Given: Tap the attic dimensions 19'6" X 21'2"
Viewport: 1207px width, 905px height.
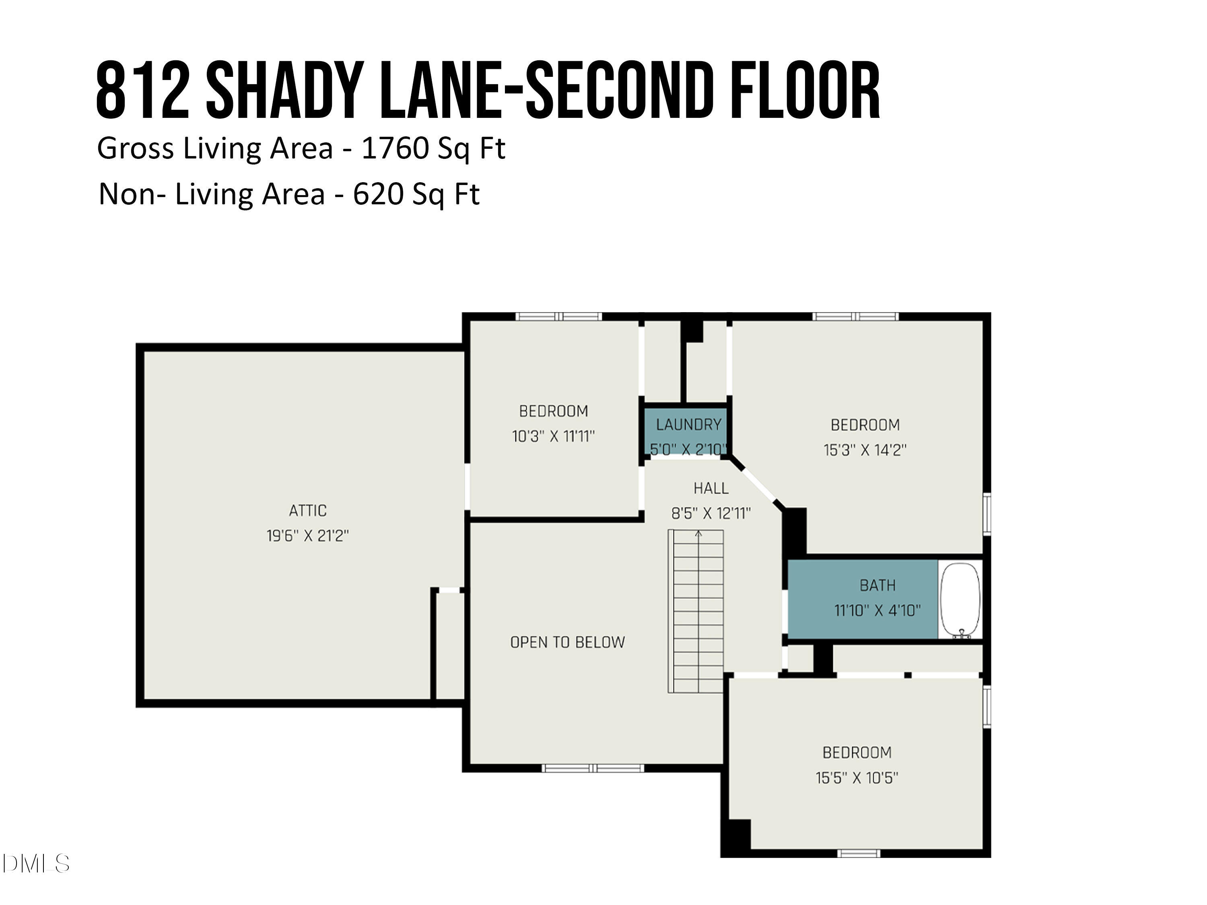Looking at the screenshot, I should tap(307, 536).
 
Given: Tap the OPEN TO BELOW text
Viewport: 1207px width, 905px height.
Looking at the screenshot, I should tap(567, 642).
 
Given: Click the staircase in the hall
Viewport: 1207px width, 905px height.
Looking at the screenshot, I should tap(696, 611).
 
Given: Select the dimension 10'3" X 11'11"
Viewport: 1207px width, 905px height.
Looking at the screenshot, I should tap(553, 436).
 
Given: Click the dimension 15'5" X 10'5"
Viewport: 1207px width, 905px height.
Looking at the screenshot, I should tap(856, 778).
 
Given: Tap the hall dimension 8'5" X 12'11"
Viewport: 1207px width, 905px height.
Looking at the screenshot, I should tap(711, 513).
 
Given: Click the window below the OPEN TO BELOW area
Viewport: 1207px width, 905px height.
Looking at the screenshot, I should tap(593, 768).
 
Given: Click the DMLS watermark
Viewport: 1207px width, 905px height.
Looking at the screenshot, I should tap(36, 864).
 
